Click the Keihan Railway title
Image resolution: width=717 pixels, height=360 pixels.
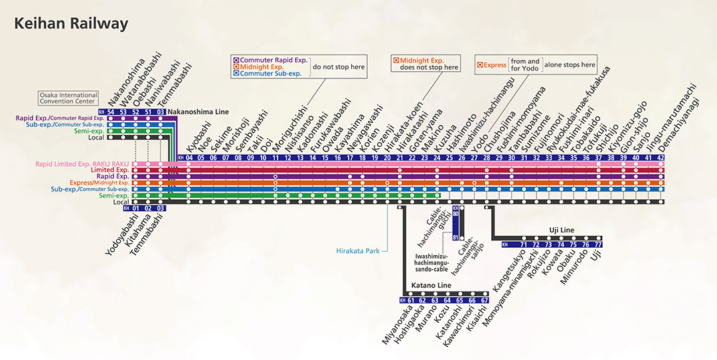point(71,25)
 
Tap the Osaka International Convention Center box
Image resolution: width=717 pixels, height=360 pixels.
point(68,98)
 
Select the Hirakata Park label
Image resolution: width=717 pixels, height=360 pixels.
point(358,251)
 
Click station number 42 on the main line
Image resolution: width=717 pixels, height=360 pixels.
point(660,158)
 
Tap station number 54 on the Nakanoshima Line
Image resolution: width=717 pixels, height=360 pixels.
point(111,112)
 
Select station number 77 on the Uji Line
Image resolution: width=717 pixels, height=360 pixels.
point(598,244)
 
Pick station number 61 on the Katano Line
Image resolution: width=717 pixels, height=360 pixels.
point(410,300)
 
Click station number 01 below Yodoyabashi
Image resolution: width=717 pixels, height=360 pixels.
point(135,208)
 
